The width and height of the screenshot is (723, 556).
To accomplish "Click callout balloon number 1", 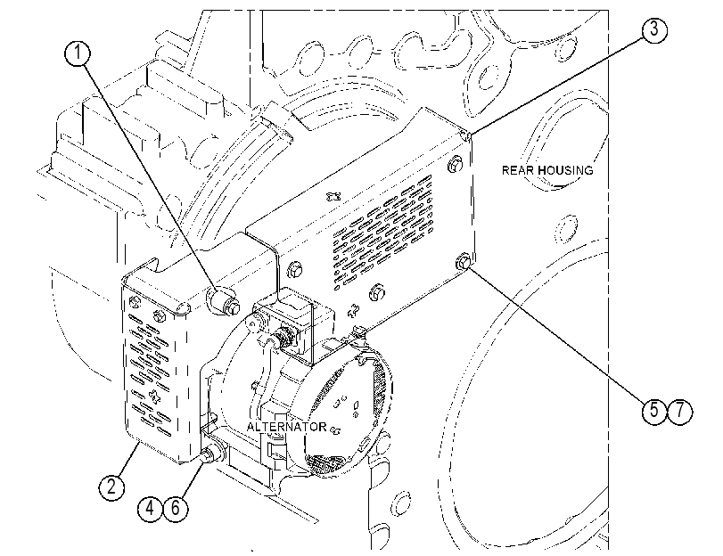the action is click(78, 53).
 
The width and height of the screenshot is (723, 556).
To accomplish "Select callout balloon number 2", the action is click(111, 487).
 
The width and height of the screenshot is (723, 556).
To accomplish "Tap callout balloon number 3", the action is click(654, 30).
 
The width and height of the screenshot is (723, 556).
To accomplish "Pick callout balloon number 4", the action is click(150, 509).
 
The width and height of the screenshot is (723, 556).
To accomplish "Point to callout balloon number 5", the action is click(654, 410).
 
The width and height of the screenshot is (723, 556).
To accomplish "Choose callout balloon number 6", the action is click(176, 509).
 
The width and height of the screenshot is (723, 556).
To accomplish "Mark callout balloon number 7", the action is click(680, 410).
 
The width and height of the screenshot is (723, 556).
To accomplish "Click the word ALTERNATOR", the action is click(286, 427).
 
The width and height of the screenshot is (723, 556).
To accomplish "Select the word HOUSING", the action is click(565, 170).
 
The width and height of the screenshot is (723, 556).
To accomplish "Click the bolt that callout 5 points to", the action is click(463, 263).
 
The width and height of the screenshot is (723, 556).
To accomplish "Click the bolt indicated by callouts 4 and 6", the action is click(210, 454).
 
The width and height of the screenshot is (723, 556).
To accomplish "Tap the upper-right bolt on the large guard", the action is click(455, 165).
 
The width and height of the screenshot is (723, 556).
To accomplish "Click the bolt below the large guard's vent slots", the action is click(377, 292).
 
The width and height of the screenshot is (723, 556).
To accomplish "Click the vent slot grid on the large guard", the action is click(383, 229).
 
